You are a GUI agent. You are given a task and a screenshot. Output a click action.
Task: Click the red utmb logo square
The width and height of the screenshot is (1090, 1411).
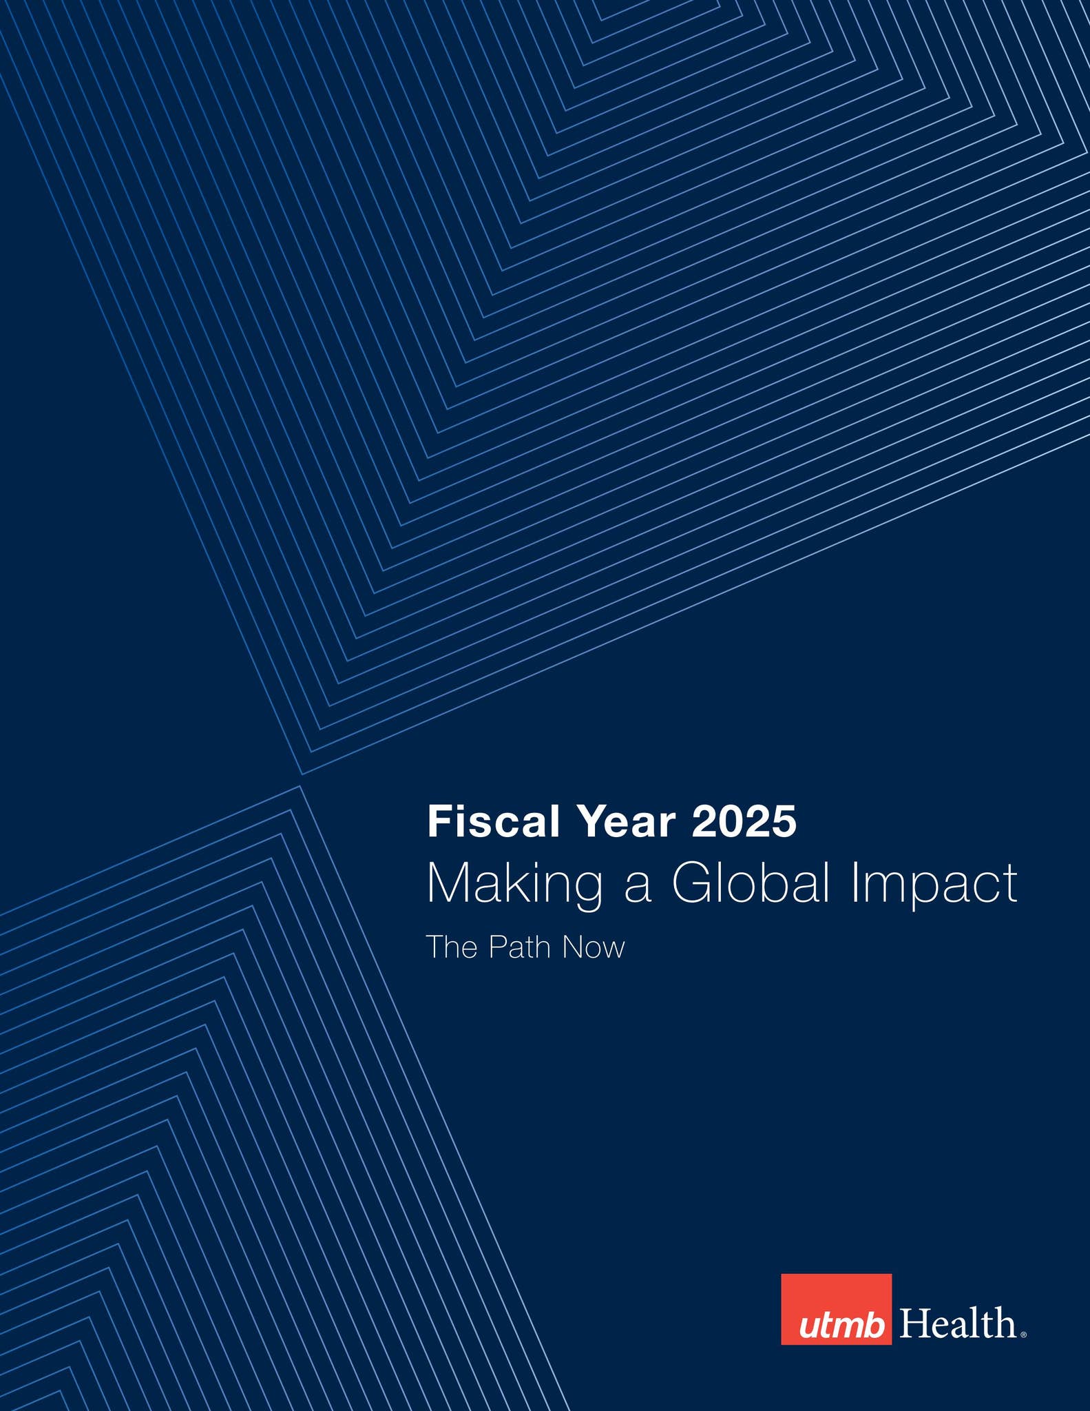pyautogui.click(x=836, y=1309)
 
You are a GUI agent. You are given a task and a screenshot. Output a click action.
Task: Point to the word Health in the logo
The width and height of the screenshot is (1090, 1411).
pyautogui.click(x=958, y=1324)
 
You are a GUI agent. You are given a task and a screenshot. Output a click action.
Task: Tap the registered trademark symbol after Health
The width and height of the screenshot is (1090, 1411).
pyautogui.click(x=1023, y=1335)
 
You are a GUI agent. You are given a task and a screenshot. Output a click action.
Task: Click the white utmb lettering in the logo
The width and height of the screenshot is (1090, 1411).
pyautogui.click(x=841, y=1326)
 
